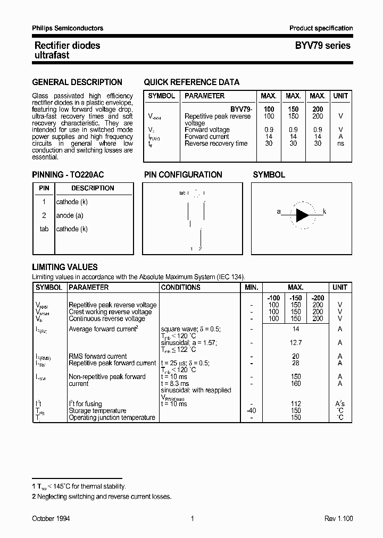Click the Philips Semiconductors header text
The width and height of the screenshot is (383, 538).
[x=68, y=28]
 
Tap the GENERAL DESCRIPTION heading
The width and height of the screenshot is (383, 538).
[x=77, y=82]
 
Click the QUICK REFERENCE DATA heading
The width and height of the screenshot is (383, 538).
[x=191, y=82]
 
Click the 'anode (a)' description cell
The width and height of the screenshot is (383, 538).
[x=70, y=216]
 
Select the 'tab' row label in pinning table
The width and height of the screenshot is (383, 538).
[x=44, y=229]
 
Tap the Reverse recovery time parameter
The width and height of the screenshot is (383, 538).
[x=216, y=144]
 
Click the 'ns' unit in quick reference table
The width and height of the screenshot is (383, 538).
[x=340, y=144]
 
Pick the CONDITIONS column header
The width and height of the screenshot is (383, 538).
[x=180, y=288]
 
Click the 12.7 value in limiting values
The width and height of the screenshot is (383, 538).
[x=296, y=343]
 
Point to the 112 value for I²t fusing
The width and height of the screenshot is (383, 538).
[x=296, y=404]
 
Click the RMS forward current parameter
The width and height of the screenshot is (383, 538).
[x=98, y=356]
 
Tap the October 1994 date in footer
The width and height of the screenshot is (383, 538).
[x=51, y=518]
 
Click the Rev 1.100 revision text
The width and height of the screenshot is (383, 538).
[x=338, y=518]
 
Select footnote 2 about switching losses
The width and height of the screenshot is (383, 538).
[x=102, y=497]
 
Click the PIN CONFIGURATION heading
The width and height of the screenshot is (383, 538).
[x=183, y=175]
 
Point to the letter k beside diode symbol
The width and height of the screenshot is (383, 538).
[x=324, y=212]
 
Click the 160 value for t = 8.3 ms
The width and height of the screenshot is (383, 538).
[x=296, y=383]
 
